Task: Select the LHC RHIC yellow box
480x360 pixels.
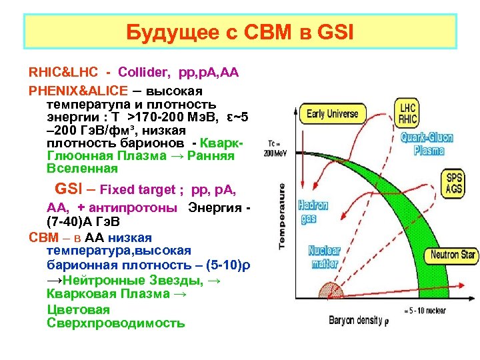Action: (x=407, y=113)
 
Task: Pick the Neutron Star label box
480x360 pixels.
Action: (x=453, y=255)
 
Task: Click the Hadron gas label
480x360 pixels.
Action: (x=313, y=211)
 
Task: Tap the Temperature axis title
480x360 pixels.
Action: (x=283, y=217)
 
